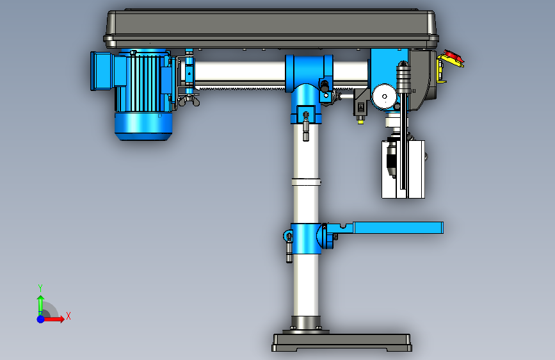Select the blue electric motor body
[143, 95]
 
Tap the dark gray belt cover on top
[271, 29]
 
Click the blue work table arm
[398, 227]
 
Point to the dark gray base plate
[342, 343]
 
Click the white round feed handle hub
[384, 96]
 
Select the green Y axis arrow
[40, 305]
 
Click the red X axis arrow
[53, 319]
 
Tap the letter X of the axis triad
[68, 316]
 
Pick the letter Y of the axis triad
[40, 288]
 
